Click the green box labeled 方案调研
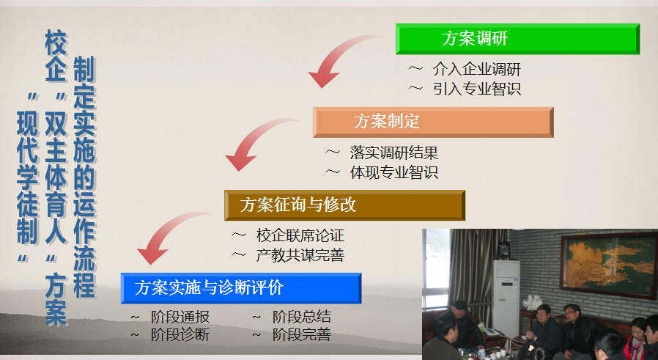[x=517, y=39]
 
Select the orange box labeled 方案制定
[x=433, y=122]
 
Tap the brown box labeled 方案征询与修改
[x=344, y=205]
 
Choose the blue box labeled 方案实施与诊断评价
[x=241, y=288]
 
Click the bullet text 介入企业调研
[x=477, y=70]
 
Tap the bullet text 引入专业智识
[x=477, y=89]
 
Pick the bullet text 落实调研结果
[x=394, y=153]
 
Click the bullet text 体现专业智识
[x=394, y=172]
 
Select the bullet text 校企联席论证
[x=300, y=235]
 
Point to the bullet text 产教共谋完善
[x=300, y=255]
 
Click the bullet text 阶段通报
[x=180, y=317]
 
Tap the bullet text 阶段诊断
[x=180, y=335]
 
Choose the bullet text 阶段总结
[x=302, y=317]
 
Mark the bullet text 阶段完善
[x=302, y=335]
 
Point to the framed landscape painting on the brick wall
[x=609, y=266]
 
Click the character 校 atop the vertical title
[x=56, y=43]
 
